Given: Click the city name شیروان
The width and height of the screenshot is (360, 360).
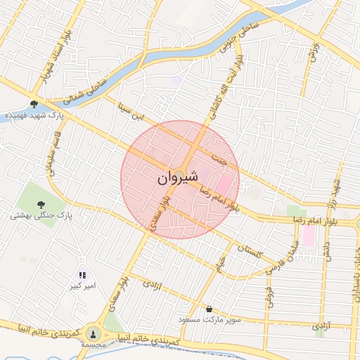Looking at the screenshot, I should point(179,179).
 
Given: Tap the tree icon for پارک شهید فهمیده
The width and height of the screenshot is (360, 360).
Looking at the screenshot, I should point(34,104).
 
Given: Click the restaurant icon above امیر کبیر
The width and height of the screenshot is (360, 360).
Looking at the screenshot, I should point(82,275).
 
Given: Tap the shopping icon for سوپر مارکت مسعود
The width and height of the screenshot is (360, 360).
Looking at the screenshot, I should point(210,308).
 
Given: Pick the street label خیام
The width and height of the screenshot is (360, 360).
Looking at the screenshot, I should point(220,264).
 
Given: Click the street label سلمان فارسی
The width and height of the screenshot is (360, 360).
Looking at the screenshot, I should point(280,258).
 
